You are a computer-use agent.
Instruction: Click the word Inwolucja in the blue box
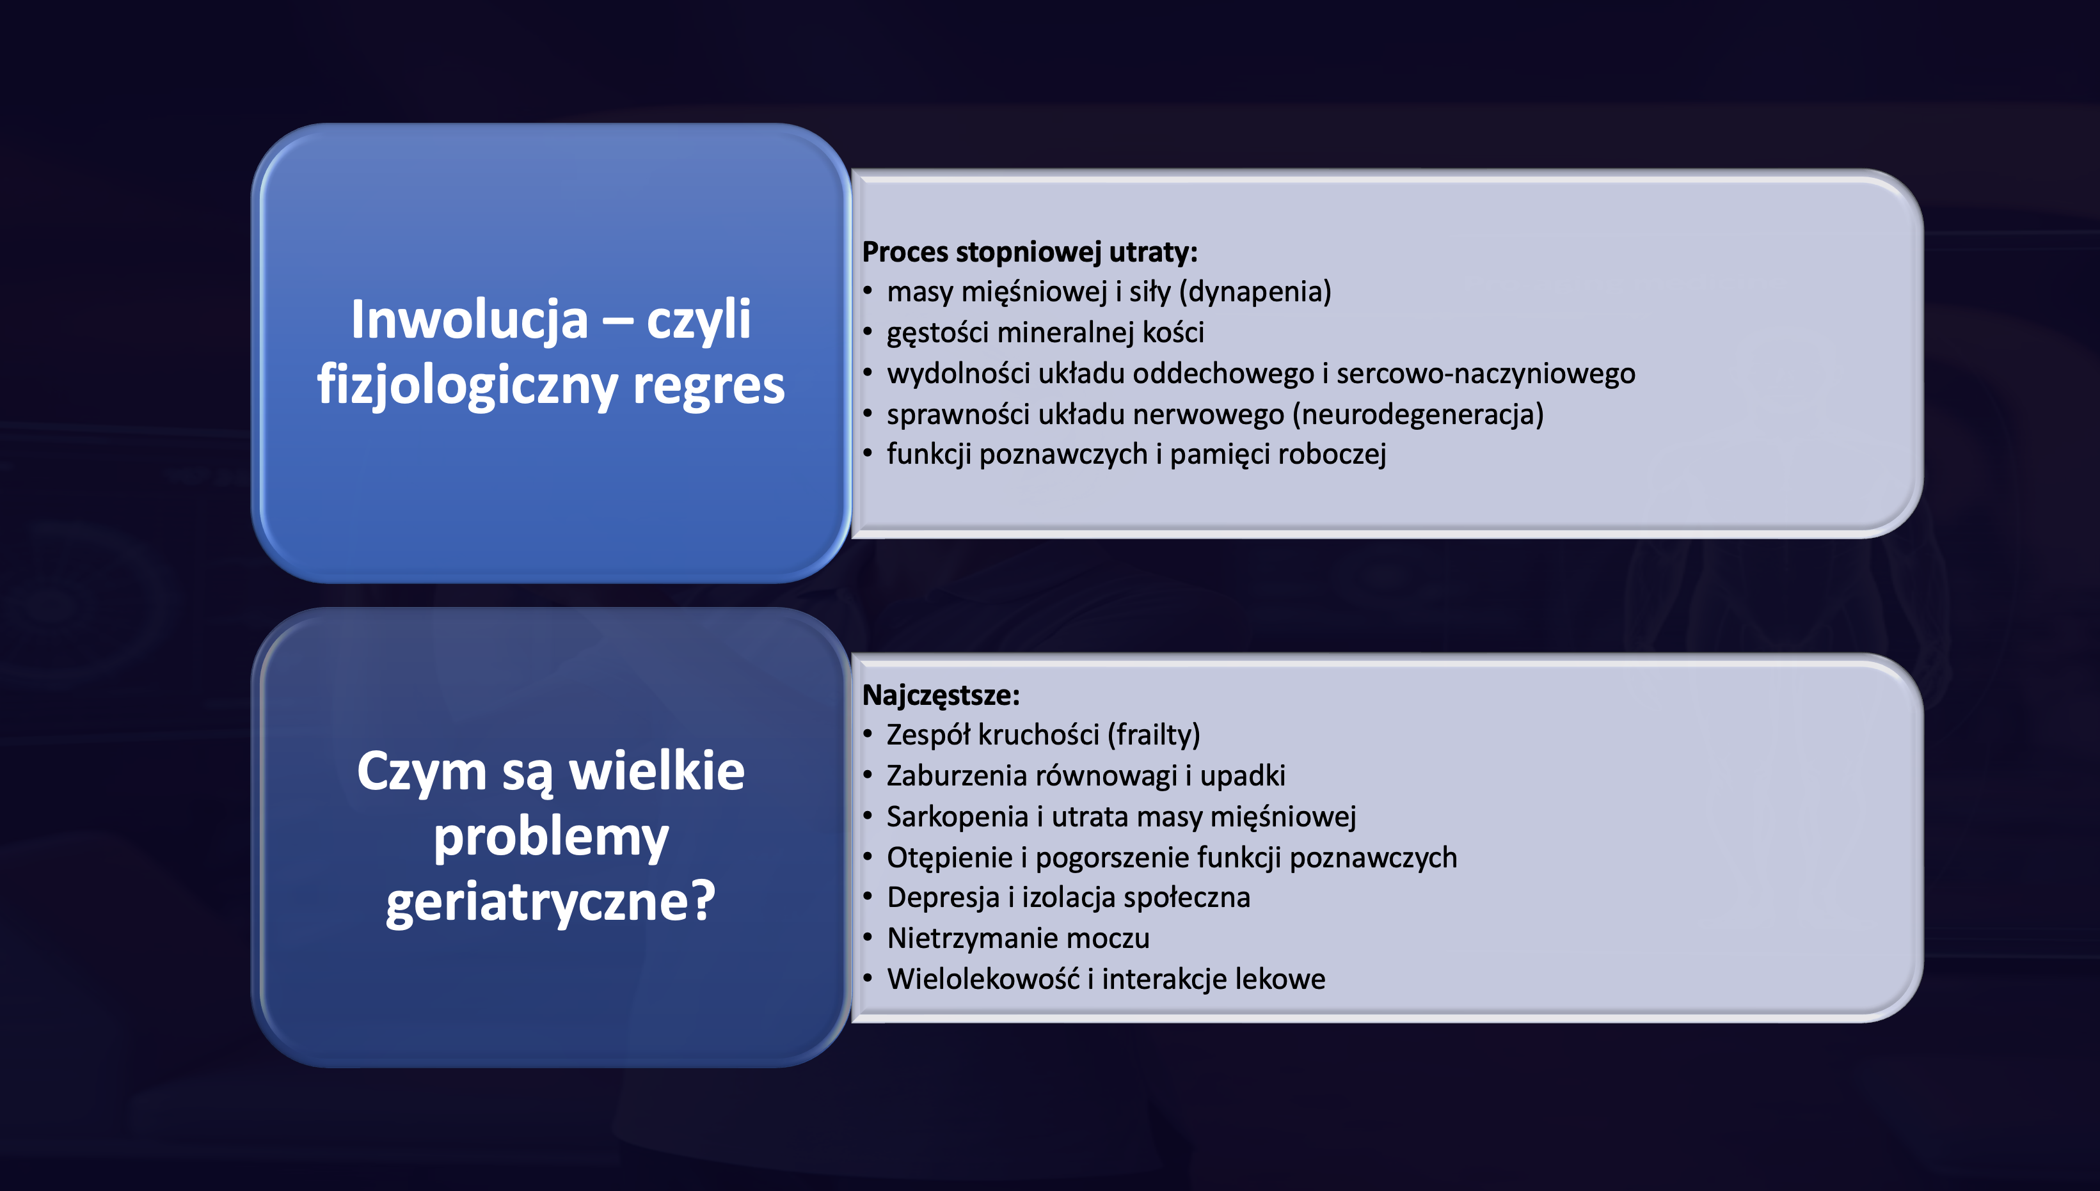(470, 320)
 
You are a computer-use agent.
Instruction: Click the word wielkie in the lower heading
(657, 771)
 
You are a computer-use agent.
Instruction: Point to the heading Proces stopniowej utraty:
(1030, 252)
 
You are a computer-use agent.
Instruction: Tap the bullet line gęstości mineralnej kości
(1046, 333)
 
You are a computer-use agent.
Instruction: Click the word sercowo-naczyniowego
(1486, 374)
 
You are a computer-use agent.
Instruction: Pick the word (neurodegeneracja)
(1418, 414)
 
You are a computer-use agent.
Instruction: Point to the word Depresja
(943, 898)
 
